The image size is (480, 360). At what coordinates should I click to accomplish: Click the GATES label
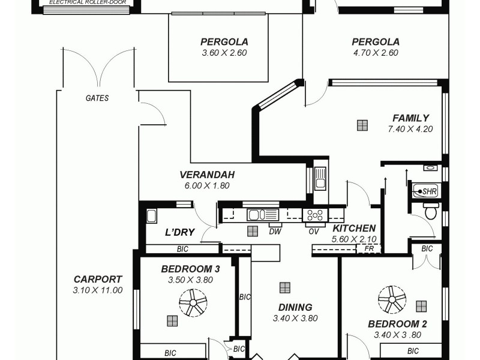97,98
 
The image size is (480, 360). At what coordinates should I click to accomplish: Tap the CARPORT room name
98,279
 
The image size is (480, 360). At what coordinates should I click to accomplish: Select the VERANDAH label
206,175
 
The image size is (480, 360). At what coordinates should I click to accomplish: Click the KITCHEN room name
354,228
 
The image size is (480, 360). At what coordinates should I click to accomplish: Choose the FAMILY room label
410,118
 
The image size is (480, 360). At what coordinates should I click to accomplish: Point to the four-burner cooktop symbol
315,214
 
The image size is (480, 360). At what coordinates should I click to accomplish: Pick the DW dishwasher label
275,231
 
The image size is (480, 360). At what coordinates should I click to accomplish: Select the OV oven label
313,231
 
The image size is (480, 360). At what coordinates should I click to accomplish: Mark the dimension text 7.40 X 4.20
410,128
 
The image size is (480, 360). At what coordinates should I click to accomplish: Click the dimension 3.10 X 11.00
98,290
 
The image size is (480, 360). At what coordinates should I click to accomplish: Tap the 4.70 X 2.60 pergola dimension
375,53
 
